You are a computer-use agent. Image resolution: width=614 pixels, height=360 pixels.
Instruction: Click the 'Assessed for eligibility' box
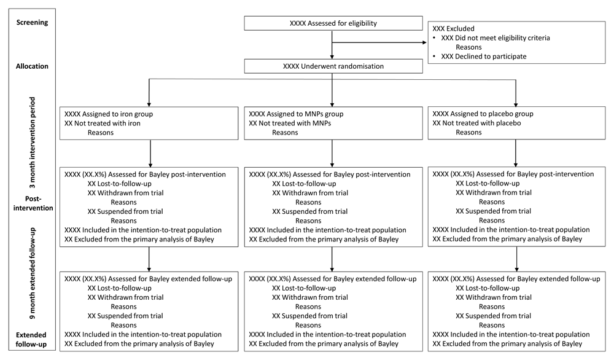point(333,23)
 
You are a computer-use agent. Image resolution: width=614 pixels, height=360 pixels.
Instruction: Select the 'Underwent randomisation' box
point(333,66)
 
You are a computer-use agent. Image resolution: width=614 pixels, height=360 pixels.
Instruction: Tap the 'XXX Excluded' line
point(453,29)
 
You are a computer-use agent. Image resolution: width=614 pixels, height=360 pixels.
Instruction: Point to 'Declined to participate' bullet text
point(484,57)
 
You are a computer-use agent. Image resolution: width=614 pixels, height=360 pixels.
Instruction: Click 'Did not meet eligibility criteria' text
point(495,38)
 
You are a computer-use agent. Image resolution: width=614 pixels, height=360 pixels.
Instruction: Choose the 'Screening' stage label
point(32,22)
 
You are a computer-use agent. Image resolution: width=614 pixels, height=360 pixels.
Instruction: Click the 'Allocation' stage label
point(32,66)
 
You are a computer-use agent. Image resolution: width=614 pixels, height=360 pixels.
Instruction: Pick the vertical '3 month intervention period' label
point(32,142)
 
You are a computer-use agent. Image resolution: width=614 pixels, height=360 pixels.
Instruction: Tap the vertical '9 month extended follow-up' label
point(32,273)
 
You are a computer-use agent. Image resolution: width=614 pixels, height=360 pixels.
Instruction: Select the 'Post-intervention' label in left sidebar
point(33,203)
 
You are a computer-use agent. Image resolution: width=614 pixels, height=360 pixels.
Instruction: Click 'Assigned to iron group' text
point(109,114)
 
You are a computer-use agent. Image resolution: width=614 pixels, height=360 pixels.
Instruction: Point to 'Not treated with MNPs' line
point(290,123)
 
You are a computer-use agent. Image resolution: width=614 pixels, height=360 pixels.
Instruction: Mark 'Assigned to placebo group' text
point(483,114)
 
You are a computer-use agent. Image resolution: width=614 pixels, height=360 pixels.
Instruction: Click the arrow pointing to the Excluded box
point(379,42)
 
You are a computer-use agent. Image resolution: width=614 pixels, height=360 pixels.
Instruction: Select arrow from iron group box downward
point(150,154)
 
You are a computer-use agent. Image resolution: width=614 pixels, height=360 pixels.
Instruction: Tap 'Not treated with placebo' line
point(476,123)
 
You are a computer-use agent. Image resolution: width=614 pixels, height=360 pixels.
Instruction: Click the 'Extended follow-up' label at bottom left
point(31,340)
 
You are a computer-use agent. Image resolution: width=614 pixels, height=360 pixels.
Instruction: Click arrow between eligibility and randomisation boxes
point(332,45)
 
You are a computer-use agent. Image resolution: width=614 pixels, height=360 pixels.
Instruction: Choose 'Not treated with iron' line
point(102,123)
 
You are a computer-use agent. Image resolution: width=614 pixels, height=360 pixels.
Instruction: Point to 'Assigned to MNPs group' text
point(296,114)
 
